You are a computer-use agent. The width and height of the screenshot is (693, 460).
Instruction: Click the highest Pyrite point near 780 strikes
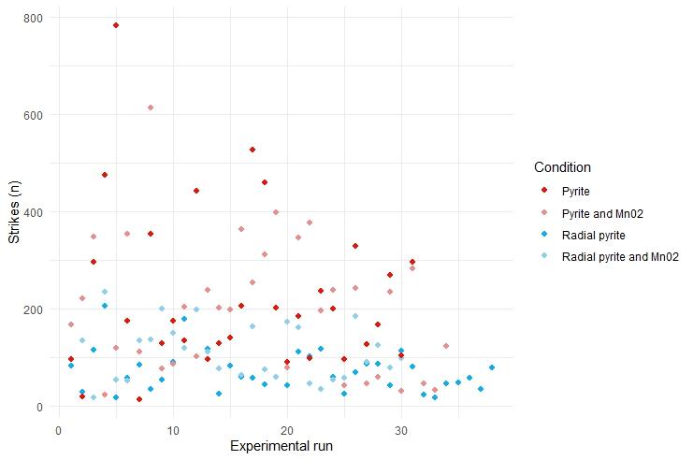click(x=116, y=25)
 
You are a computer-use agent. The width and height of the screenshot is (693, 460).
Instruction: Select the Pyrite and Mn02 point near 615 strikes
click(x=150, y=108)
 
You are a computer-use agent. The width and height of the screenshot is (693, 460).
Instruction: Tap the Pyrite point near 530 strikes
click(x=253, y=150)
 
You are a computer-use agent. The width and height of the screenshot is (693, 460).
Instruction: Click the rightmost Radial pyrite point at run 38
click(x=492, y=367)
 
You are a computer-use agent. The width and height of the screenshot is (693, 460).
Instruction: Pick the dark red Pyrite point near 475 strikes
click(x=105, y=175)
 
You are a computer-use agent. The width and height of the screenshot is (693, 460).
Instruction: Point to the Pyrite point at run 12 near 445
click(x=196, y=191)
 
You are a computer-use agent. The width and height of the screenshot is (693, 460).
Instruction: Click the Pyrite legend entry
click(x=574, y=192)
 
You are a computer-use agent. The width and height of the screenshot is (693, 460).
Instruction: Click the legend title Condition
click(x=562, y=167)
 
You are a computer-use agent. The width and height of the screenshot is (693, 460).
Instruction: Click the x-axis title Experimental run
click(x=281, y=447)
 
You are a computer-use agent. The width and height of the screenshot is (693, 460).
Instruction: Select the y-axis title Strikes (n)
click(x=14, y=212)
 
